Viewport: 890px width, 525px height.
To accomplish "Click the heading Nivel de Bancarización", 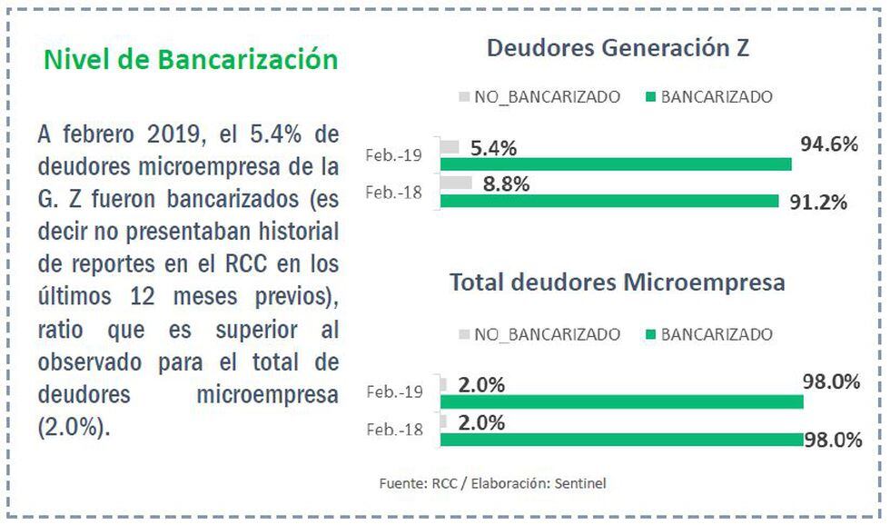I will [191, 60].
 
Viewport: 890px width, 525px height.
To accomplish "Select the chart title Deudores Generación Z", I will [617, 48].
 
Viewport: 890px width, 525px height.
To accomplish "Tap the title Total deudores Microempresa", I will [617, 282].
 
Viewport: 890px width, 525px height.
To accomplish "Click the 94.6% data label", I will [829, 144].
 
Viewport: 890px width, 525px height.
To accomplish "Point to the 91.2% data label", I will [816, 201].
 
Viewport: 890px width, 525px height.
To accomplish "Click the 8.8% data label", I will [506, 182].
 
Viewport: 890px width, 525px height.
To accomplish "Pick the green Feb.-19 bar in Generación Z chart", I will [615, 163].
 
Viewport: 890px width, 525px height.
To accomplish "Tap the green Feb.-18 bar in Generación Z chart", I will [608, 200].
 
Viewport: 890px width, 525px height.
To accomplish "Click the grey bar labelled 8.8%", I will [456, 183].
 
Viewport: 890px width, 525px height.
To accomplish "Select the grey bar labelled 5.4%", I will [450, 147].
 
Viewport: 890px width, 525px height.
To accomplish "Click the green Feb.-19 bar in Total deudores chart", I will [621, 401].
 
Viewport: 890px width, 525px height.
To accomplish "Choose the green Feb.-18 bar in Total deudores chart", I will [621, 439].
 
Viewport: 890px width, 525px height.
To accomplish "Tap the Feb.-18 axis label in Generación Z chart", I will [394, 192].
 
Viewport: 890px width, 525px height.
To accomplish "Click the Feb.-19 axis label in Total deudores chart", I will [394, 392].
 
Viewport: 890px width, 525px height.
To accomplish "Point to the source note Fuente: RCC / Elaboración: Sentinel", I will [492, 483].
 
